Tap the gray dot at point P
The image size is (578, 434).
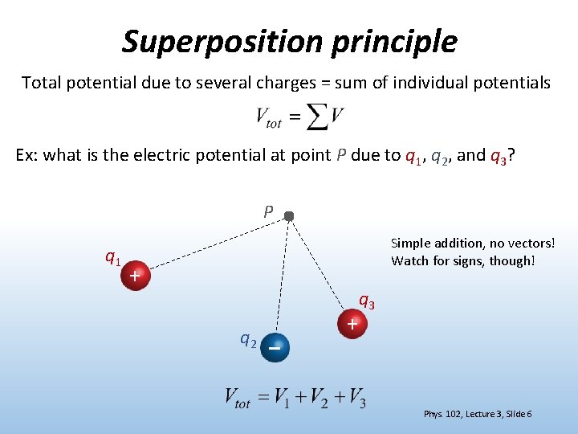[289, 215]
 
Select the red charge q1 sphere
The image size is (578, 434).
[136, 276]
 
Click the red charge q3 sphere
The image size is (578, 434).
[352, 324]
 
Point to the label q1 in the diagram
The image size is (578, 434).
[113, 258]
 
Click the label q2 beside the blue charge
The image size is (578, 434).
[249, 339]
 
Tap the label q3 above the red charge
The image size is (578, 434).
[366, 302]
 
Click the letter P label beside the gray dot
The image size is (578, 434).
[268, 212]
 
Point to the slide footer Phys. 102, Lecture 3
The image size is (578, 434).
[477, 414]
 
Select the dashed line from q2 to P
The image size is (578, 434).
[283, 277]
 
